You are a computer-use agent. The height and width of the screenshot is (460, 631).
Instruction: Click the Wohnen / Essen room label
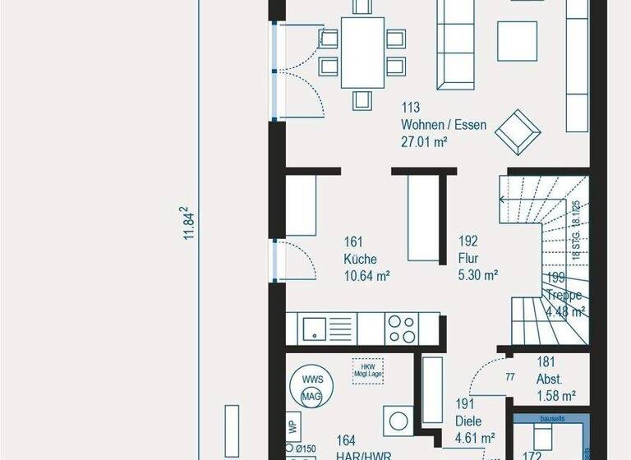(444, 126)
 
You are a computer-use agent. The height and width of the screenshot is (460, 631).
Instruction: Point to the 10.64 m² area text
(366, 276)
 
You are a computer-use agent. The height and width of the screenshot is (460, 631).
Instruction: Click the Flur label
(468, 259)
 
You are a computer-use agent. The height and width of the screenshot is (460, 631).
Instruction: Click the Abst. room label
(549, 380)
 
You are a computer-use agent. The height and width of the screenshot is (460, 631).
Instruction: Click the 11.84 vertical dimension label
(187, 223)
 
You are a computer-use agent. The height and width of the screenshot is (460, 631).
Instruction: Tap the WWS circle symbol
(312, 379)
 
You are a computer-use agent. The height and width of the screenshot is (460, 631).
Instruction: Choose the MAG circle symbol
(312, 398)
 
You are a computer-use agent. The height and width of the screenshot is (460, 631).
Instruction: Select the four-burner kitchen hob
(403, 329)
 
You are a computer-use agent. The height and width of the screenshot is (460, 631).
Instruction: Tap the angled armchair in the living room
(519, 129)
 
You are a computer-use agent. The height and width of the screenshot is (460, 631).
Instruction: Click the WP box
(292, 428)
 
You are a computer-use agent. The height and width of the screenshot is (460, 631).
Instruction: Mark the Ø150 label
(306, 448)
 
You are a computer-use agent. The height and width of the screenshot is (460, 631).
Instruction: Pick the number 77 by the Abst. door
(510, 378)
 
